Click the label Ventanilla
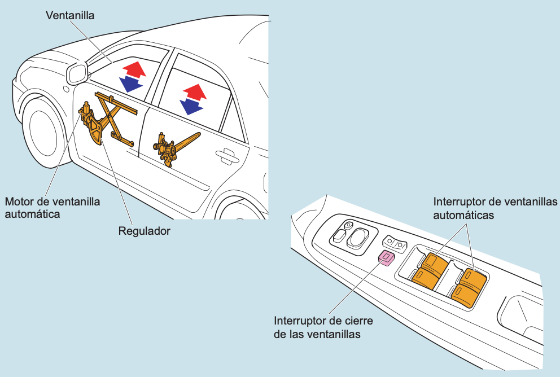click(69, 16)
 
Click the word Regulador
click(144, 231)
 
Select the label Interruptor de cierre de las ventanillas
click(323, 327)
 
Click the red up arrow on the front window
click(134, 71)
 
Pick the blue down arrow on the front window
click(131, 84)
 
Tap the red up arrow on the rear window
click(194, 92)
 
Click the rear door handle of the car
click(226, 155)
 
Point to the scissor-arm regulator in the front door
click(113, 119)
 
